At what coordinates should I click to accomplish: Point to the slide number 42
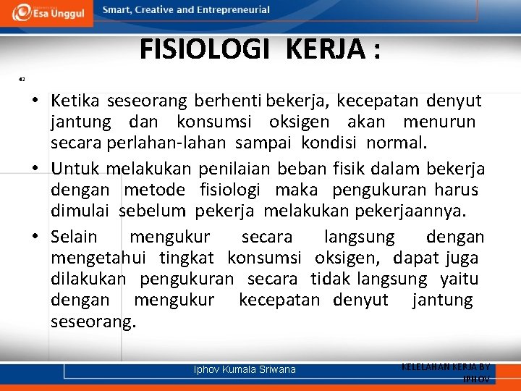[22, 79]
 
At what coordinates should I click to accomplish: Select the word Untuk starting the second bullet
[75, 169]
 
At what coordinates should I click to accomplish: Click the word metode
[154, 190]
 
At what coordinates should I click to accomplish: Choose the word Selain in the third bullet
[74, 237]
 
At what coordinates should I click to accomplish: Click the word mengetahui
[98, 258]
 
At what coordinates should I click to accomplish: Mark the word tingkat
[185, 258]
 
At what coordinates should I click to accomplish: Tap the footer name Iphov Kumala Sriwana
[245, 369]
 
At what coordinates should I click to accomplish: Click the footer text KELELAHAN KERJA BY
[446, 367]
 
